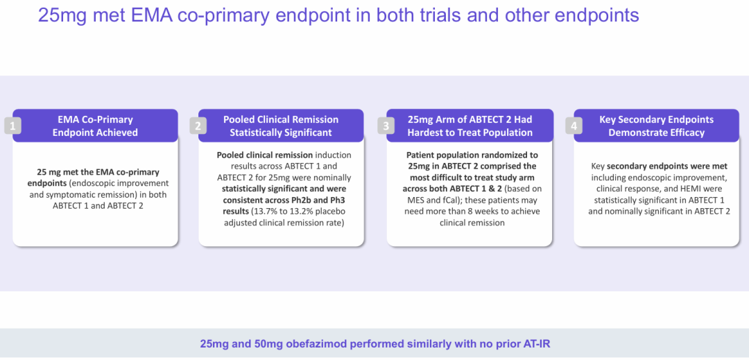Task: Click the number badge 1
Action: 13,126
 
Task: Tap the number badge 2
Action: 198,126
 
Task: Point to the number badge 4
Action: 574,126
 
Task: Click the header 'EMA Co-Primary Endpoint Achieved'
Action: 95,126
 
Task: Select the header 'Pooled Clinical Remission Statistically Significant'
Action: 281,126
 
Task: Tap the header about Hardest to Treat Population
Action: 470,126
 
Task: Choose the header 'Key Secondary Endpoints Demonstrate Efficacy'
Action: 656,126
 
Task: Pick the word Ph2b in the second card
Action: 311,200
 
